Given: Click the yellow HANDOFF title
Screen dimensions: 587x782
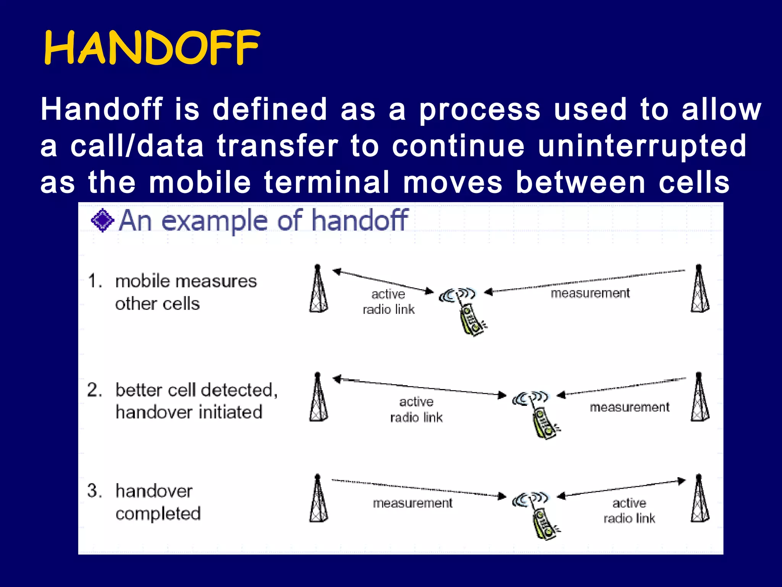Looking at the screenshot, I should click(x=152, y=47).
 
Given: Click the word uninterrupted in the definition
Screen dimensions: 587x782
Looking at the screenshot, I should click(x=641, y=146).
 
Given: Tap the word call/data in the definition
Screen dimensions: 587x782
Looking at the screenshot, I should click(x=137, y=146).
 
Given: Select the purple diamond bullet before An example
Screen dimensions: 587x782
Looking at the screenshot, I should click(x=102, y=221).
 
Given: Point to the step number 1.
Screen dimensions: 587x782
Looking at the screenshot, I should click(x=95, y=281).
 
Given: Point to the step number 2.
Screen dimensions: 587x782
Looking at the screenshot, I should click(x=94, y=390).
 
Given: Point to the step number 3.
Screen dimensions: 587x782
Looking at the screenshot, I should click(x=94, y=491).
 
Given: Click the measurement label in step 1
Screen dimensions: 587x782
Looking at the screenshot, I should click(x=590, y=293).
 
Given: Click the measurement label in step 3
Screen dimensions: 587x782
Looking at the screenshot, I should click(x=412, y=503).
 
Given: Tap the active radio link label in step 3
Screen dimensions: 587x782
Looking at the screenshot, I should click(x=629, y=511).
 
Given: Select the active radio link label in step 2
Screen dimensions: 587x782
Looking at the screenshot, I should click(x=416, y=410).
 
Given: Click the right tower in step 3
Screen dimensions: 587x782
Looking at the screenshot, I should click(x=700, y=499).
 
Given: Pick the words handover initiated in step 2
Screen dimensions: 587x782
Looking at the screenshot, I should click(x=189, y=412).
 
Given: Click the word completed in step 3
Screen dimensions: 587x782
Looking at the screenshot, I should click(x=158, y=514).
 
